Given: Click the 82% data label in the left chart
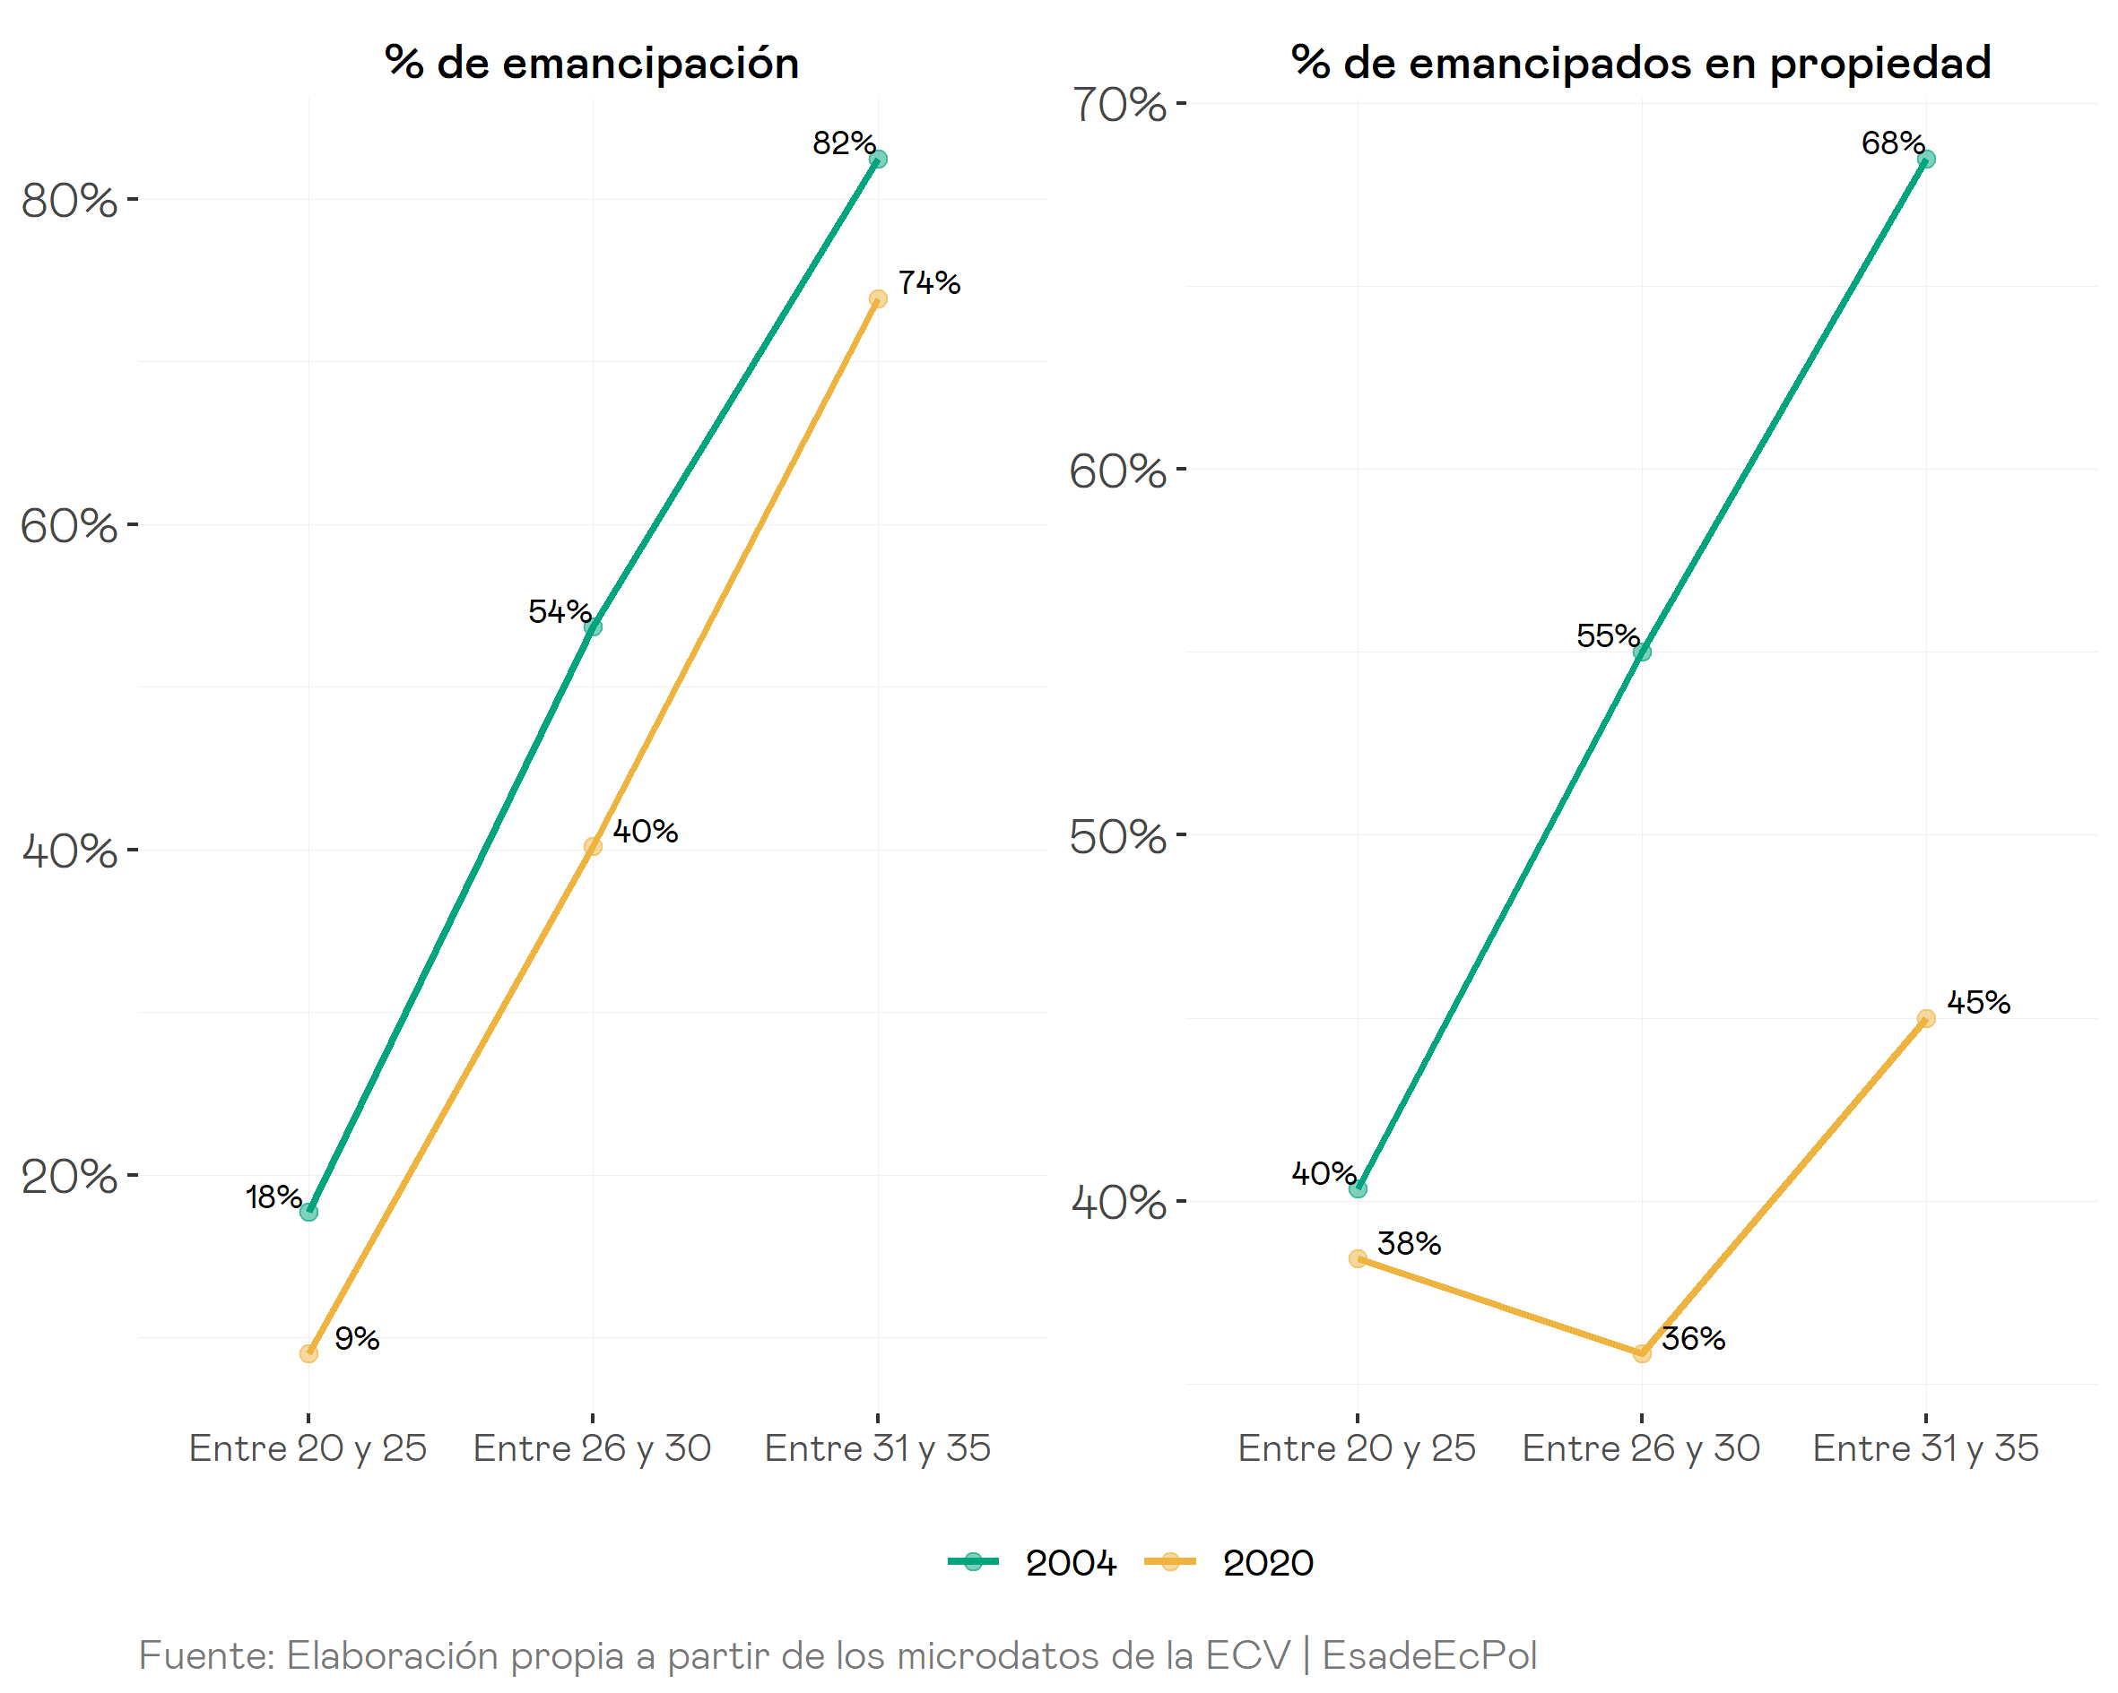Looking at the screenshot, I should tap(843, 143).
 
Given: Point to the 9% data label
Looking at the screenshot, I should tap(357, 1338).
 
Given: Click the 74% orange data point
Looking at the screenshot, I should tap(878, 298).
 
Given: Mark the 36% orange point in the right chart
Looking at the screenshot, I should tap(1642, 1353).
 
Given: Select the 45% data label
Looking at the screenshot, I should tap(1977, 1003).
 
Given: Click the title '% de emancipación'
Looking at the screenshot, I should tap(593, 63).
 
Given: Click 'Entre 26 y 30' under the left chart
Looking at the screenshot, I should tap(593, 1448).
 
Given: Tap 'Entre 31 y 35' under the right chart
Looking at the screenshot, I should tap(1925, 1448).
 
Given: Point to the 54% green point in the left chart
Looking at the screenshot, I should tap(593, 626).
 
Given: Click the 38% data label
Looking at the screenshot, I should tap(1409, 1244).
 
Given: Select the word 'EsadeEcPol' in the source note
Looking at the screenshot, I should tap(1429, 1655).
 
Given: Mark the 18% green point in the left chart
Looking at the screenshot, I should tap(308, 1212).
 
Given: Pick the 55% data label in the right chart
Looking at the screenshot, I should tap(1607, 636).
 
